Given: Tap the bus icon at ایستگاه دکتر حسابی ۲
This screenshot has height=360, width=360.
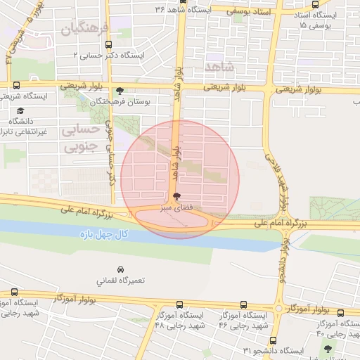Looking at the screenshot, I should click(x=107, y=44).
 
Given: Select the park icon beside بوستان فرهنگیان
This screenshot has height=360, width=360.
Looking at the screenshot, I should click(x=120, y=91).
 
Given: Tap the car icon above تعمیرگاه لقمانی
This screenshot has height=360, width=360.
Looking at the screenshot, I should click(x=121, y=269).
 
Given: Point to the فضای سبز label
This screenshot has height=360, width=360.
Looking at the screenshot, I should click(x=175, y=208).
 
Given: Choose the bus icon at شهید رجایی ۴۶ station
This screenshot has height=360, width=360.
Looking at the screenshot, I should click(x=243, y=305).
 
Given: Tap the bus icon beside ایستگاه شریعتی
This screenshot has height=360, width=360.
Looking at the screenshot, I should click(x=15, y=85).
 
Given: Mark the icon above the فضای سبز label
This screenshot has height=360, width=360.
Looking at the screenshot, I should click(x=176, y=196).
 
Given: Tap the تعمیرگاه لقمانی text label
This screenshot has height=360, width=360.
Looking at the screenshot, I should click(x=120, y=280).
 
